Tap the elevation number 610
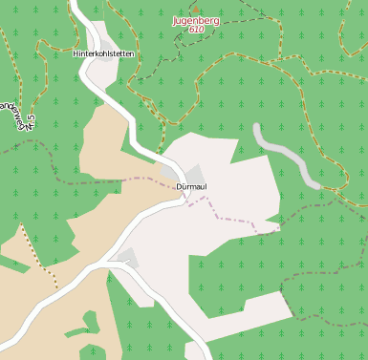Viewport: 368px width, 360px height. click(196, 30)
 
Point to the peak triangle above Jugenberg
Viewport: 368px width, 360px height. click(195, 9)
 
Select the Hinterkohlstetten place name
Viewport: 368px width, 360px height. click(103, 54)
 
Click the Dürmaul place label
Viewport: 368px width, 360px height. click(191, 186)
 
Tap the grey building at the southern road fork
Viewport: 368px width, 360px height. click(126, 257)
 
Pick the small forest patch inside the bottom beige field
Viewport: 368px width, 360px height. click(90, 335)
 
